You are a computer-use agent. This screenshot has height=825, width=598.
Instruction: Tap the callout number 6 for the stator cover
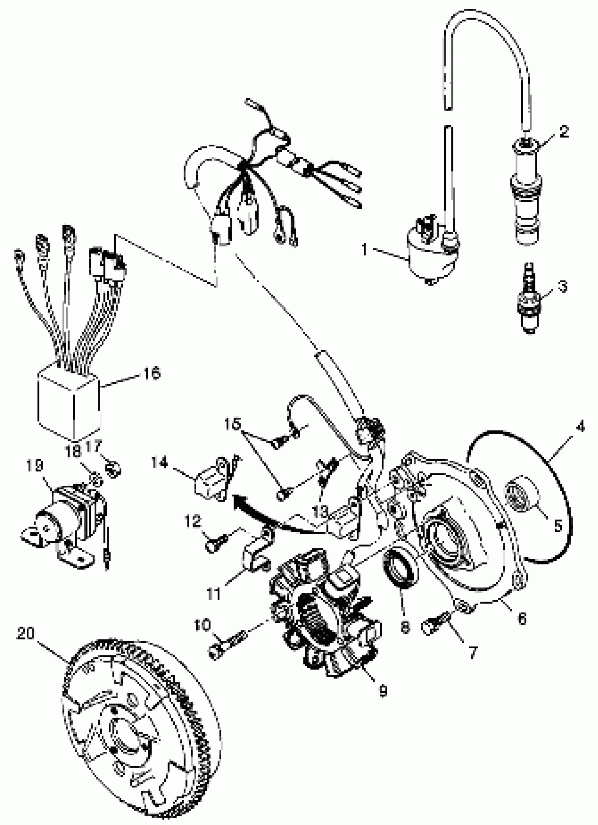coord(522,619)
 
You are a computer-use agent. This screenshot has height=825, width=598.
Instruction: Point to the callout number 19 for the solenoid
coord(34,466)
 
